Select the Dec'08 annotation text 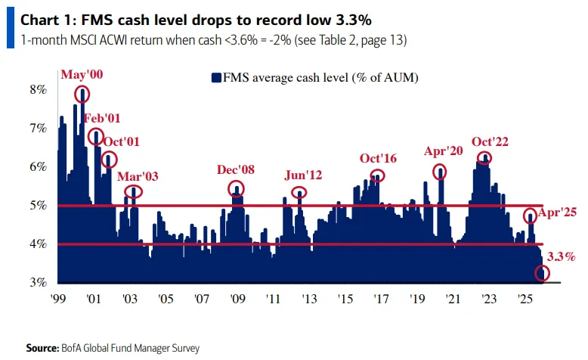[x=237, y=169]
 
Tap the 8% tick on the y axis [x=37, y=90]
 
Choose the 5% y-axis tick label [x=37, y=205]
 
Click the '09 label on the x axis [x=237, y=299]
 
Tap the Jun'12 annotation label [x=303, y=175]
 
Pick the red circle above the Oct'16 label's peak [x=377, y=175]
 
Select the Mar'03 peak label [x=138, y=176]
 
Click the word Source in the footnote [x=42, y=348]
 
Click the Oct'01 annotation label [x=121, y=141]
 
